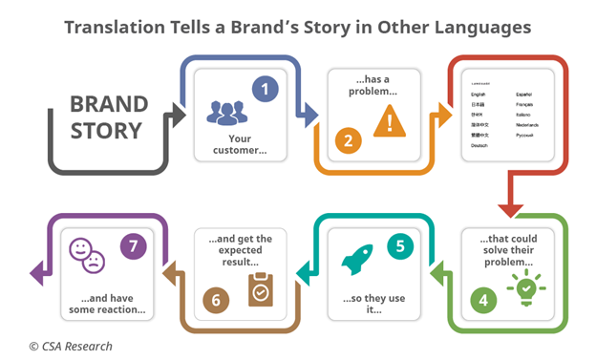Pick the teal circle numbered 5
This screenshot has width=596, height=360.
point(399,245)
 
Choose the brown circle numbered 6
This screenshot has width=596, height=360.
point(217,299)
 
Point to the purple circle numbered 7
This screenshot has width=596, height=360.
point(133,247)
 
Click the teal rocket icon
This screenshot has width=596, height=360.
point(353,259)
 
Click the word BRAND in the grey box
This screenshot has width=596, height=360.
point(109,104)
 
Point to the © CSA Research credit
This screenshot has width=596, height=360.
point(70,346)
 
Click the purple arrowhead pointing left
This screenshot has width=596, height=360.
point(36,274)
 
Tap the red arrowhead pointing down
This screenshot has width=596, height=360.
point(511,207)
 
